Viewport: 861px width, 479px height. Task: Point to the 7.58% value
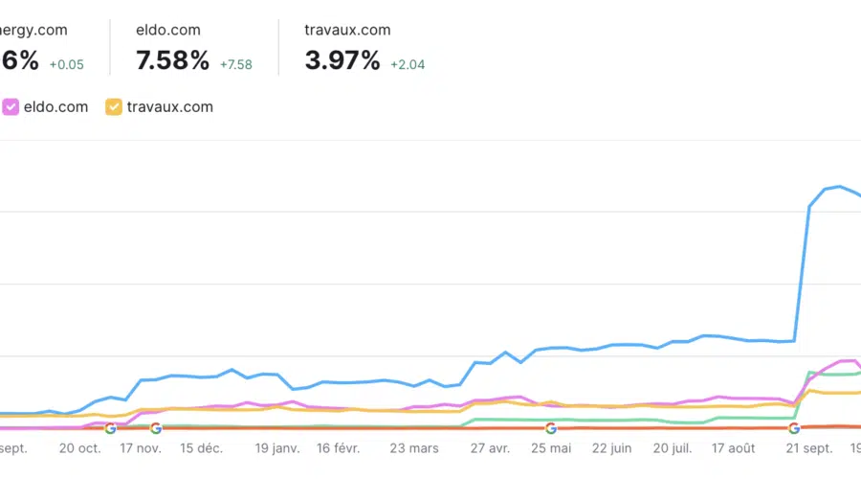point(172,61)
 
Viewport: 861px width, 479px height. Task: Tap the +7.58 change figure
point(234,65)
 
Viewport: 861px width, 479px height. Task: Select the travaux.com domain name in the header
point(347,30)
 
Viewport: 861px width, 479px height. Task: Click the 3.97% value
point(342,61)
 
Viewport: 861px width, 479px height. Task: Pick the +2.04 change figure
point(408,65)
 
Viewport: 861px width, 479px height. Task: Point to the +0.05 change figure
point(67,65)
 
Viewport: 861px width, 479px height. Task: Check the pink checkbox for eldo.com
point(11,106)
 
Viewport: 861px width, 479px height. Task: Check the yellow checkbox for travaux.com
point(114,106)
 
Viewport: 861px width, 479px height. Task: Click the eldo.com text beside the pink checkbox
point(55,106)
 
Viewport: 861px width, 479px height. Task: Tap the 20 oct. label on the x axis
point(79,447)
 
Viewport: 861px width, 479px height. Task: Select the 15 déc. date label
point(202,447)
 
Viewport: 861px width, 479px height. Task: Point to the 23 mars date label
point(413,447)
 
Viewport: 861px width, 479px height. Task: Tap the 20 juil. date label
point(671,447)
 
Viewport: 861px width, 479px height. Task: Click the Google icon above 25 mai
point(551,428)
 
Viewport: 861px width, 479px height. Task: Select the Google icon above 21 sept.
point(794,428)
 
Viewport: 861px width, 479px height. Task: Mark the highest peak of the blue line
point(839,186)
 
